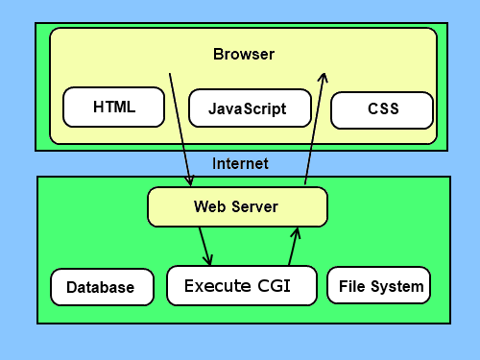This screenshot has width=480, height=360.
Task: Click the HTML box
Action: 114,107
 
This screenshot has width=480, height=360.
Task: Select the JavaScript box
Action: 250,108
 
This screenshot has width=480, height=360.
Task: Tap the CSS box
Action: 382,110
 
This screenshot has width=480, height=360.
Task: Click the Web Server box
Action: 237,207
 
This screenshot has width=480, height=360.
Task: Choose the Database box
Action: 102,287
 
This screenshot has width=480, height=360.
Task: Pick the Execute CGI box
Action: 242,285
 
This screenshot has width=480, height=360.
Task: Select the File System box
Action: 379,285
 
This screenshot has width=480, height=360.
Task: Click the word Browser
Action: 244,54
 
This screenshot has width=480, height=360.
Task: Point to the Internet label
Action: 240,163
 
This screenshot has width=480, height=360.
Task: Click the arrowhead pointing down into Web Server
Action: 190,180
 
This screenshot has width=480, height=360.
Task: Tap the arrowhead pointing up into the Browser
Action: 324,78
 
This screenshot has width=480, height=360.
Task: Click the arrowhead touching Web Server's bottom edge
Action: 297,233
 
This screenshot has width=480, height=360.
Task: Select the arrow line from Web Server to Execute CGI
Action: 204,247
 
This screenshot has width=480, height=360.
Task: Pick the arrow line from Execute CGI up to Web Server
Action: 294,247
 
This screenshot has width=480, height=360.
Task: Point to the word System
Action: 397,287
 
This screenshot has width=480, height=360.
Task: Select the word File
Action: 352,286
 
